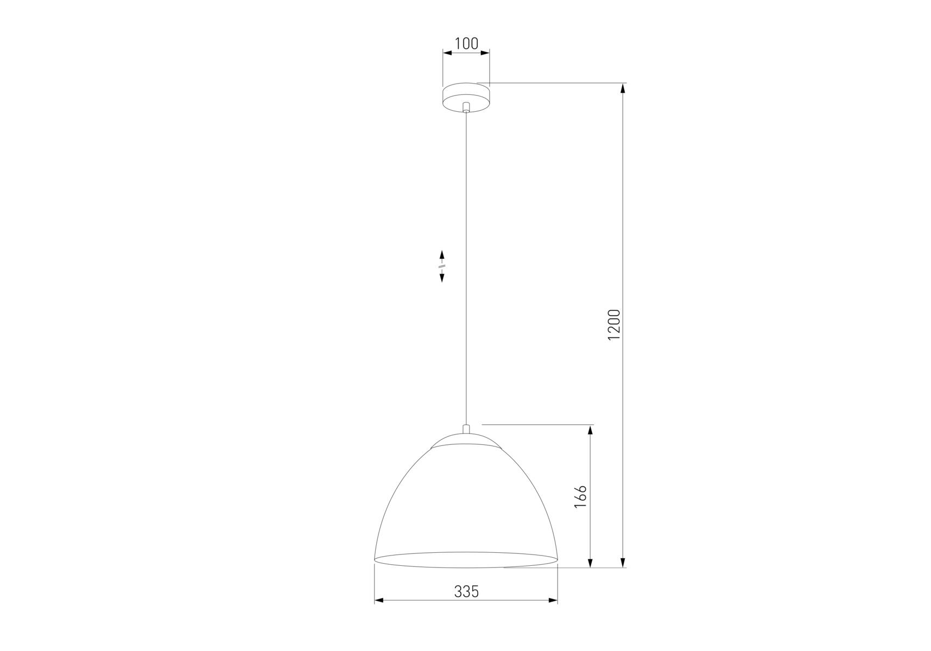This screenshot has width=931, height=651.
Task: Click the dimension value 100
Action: coord(467,43)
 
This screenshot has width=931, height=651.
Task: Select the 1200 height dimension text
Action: coord(613,325)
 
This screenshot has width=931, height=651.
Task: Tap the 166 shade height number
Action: coord(580,496)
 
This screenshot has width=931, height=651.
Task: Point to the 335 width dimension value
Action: coord(466,591)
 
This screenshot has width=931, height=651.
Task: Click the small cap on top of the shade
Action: coord(466,440)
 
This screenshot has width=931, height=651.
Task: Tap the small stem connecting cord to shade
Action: coord(466,429)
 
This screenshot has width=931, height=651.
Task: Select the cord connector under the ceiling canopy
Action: coord(466,107)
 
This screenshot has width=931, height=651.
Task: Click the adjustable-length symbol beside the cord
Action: coord(442,266)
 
